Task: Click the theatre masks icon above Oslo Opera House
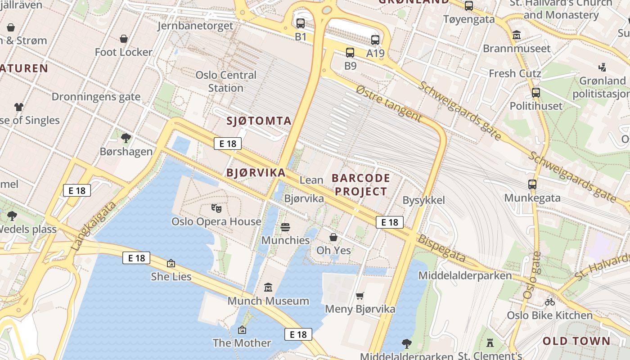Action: point(216,208)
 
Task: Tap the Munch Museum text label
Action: point(268,301)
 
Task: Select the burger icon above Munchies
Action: point(285,227)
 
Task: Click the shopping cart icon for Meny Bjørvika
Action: point(360,296)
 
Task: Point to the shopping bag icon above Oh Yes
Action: point(333,237)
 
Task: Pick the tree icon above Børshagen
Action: point(126,138)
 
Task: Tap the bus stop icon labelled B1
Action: point(301,23)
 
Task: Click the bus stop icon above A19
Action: point(375,40)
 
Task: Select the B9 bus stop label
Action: point(351,66)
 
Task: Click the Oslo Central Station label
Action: point(226,81)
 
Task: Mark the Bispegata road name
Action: point(441,248)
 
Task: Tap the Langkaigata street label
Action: point(93,225)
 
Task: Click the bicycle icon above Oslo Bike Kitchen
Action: point(549,302)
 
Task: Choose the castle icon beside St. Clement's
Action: point(490,343)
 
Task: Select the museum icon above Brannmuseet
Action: point(517,35)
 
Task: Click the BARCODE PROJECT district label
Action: point(361,184)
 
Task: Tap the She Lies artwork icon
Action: point(171,263)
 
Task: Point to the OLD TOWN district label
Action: point(576,341)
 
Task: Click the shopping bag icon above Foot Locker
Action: point(124,39)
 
